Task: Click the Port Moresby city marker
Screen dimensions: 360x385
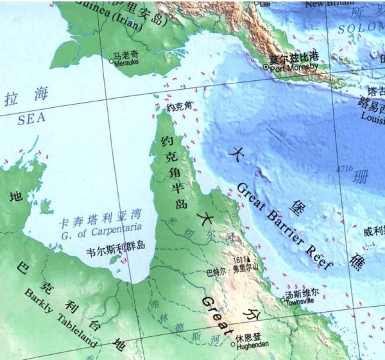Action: coord(266,65)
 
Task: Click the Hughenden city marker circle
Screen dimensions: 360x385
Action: coord(233,344)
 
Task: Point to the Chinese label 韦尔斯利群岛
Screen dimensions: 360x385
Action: coord(116,246)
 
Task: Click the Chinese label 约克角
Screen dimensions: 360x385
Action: coord(179,108)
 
